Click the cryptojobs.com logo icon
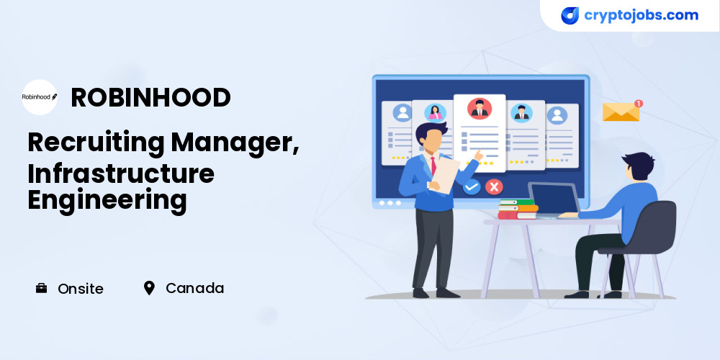570,16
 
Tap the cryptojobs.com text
641,16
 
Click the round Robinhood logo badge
40,97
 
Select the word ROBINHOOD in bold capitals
150,97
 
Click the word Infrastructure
121,174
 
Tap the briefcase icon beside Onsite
41,289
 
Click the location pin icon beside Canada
149,289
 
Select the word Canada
194,289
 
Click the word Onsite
81,289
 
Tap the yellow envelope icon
621,112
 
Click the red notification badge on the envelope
638,103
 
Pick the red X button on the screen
494,186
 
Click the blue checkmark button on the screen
472,187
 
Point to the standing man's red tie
433,166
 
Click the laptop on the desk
553,200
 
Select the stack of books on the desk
518,210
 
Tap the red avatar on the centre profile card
480,109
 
